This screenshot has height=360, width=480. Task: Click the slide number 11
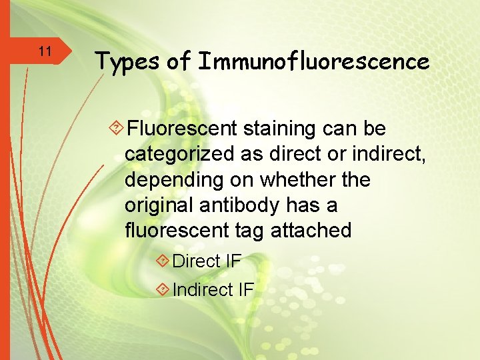pyautogui.click(x=45, y=51)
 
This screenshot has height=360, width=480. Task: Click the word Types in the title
pyautogui.click(x=127, y=62)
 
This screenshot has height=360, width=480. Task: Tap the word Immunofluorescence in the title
pyautogui.click(x=313, y=61)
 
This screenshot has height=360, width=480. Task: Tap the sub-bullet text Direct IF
pyautogui.click(x=206, y=261)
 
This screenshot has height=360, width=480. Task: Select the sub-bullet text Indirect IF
pyautogui.click(x=213, y=290)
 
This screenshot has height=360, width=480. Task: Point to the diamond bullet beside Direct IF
pyautogui.click(x=161, y=261)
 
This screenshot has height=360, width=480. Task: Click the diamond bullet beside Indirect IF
pyautogui.click(x=161, y=289)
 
